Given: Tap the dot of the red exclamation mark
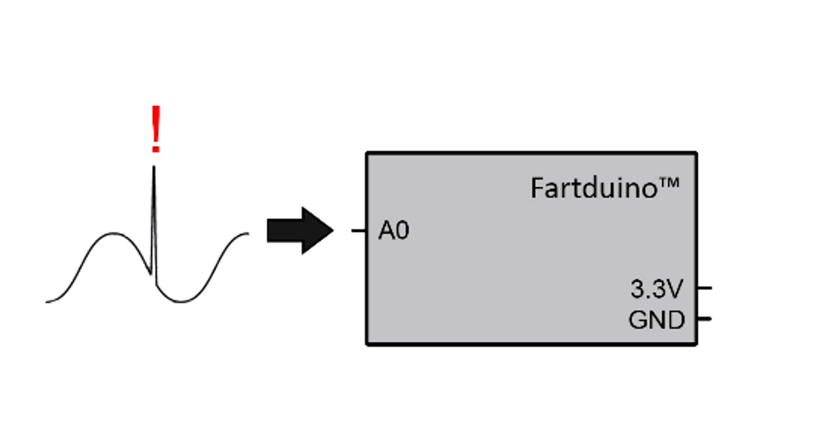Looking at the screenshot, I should click(x=156, y=149).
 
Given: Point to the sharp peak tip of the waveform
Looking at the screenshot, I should click(x=154, y=167).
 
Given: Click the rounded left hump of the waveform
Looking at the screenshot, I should click(x=113, y=234).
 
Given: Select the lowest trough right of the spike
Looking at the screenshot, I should click(x=181, y=301).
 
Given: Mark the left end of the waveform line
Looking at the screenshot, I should click(x=47, y=302).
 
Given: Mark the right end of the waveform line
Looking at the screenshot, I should click(x=248, y=233).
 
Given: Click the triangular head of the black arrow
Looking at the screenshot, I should click(x=316, y=231).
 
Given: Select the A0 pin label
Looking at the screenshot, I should click(x=394, y=231).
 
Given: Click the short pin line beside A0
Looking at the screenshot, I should click(x=359, y=231).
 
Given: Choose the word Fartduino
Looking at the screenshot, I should click(x=594, y=188).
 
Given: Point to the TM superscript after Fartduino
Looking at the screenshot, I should click(x=669, y=183).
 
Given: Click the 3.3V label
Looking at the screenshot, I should click(x=656, y=289).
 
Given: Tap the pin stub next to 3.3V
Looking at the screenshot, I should click(x=705, y=288).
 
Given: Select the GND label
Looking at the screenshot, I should click(x=656, y=320).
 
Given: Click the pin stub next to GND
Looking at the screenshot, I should click(x=705, y=319).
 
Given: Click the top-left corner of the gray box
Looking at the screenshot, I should click(x=367, y=153).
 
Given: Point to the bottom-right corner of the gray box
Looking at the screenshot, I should click(x=696, y=344).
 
